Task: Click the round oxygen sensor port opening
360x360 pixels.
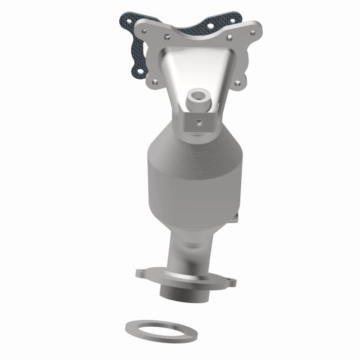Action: (x=198, y=95)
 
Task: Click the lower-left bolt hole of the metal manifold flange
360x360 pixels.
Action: (x=155, y=82)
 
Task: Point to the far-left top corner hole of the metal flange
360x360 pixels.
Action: (x=144, y=31)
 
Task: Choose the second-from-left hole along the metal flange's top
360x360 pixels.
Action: (x=167, y=37)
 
